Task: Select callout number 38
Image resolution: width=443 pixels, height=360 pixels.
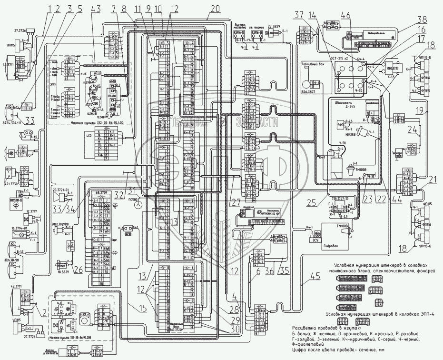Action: pyautogui.click(x=422, y=20)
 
